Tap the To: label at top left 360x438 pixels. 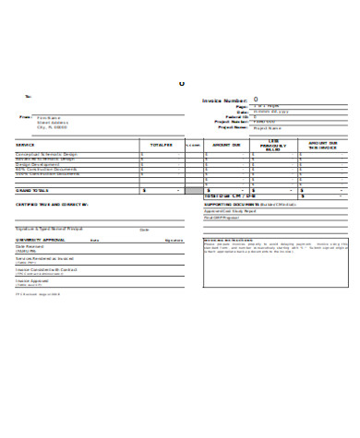[28, 95]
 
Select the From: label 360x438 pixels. [25, 117]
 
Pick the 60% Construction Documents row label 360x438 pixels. [46, 170]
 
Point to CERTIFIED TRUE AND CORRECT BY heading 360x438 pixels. [51, 203]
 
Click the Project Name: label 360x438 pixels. [234, 127]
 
